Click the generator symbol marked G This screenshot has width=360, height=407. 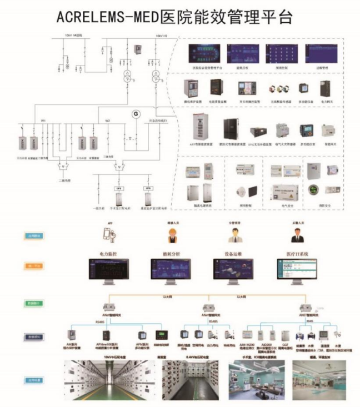[x=133, y=114]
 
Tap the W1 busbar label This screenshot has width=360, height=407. [x=43, y=119]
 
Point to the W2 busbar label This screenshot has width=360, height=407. [x=108, y=119]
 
